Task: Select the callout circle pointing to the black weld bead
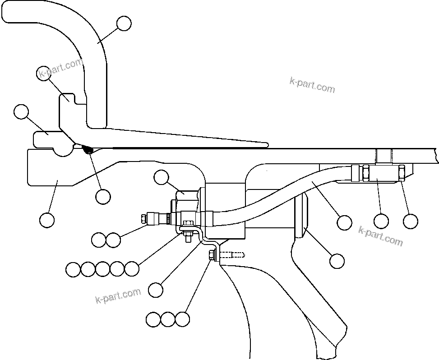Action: click(103, 196)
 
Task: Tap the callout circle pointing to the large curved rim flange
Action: click(124, 23)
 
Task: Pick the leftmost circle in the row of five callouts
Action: click(73, 269)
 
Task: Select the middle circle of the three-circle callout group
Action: click(168, 319)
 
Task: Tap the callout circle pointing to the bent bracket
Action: click(156, 290)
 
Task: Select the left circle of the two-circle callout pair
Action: click(98, 240)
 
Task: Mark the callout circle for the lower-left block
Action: click(47, 220)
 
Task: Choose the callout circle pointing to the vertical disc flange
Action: click(337, 260)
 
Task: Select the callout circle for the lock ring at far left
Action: click(21, 112)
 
